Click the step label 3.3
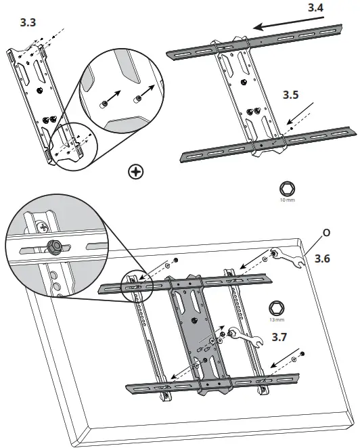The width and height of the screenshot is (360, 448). pos(28,22)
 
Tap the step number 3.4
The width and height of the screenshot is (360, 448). pos(315,9)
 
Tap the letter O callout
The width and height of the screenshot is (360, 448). pos(327,232)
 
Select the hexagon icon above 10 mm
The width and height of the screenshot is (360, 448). pos(288,189)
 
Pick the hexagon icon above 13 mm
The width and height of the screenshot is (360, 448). pos(276,307)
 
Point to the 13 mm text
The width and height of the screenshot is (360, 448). pos(276,319)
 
